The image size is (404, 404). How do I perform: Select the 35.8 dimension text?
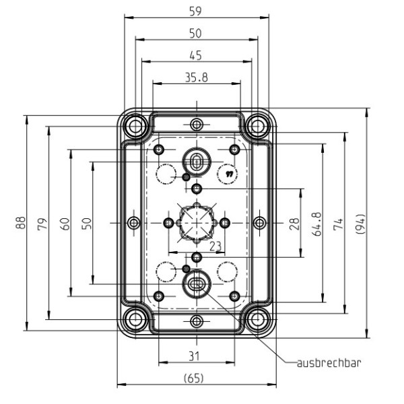[196, 77]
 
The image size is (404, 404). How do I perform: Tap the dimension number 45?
[196, 55]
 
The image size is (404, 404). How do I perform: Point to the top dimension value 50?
[196, 33]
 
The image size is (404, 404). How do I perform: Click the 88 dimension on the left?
[20, 222]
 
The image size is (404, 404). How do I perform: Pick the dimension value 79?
[42, 222]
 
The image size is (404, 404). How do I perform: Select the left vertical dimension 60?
[65, 222]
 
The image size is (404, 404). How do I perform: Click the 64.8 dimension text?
[317, 222]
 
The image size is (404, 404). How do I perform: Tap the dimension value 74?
[339, 222]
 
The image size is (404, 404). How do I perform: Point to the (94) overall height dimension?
[361, 222]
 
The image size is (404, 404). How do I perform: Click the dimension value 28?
[294, 222]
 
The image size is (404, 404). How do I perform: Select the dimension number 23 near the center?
[215, 246]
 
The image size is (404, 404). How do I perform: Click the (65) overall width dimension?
[196, 378]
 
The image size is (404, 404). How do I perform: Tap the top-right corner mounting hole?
[255, 125]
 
